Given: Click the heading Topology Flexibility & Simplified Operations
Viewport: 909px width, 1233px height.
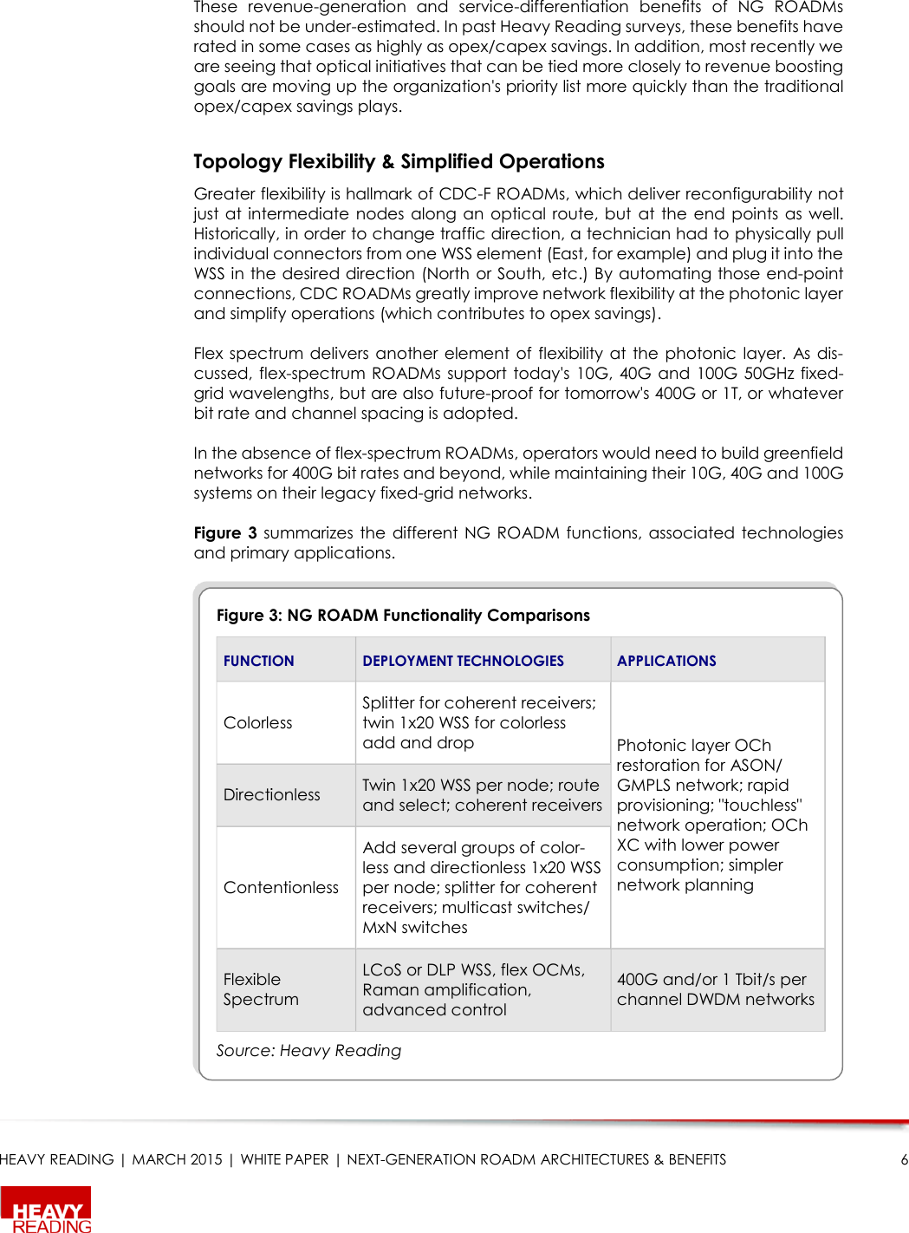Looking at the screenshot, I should [399, 161].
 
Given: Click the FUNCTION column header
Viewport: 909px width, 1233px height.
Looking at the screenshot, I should [258, 661].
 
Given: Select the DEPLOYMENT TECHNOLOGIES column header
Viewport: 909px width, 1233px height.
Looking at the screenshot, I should [463, 661].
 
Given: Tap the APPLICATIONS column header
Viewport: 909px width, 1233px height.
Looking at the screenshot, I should [666, 661].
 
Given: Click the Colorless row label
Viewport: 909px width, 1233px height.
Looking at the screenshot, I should [257, 722].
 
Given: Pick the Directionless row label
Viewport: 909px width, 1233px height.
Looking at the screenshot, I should [271, 794].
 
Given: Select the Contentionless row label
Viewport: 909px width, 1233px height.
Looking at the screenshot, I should [281, 887].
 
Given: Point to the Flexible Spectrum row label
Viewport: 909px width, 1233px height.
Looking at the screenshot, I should [260, 989].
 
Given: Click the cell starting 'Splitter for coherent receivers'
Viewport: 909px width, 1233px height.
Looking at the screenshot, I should [479, 722].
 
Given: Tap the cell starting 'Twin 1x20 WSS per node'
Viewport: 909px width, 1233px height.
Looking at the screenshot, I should [482, 794].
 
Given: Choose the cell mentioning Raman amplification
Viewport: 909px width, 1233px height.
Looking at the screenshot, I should [473, 989].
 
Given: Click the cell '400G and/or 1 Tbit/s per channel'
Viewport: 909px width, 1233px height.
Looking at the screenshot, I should [715, 989].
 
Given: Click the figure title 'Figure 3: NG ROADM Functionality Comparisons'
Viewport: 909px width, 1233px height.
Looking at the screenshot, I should [403, 615].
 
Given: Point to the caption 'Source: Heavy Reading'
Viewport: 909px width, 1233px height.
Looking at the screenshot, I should [308, 1050].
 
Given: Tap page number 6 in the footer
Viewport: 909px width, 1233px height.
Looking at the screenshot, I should [904, 1159].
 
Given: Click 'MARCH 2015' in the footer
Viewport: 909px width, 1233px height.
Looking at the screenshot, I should [177, 1159].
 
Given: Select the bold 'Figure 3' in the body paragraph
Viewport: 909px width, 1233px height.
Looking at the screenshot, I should [225, 532].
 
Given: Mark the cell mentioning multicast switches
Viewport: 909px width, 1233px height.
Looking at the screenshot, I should [482, 887].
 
